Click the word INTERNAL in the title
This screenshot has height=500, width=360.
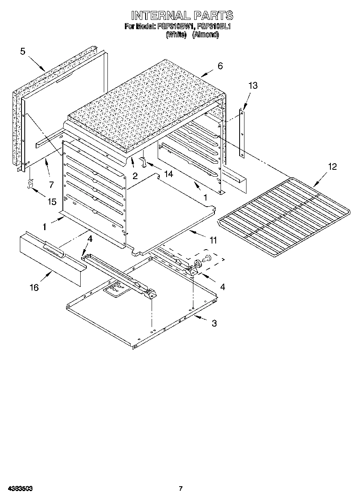160,15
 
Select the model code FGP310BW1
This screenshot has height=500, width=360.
175,27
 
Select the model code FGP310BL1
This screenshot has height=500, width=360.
214,27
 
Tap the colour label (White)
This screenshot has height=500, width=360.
176,35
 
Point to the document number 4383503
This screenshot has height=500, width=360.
19,489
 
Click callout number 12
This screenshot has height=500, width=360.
332,167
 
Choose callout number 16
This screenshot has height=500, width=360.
34,287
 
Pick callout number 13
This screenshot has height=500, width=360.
253,85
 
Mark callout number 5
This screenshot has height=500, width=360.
23,51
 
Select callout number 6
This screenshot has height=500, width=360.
220,66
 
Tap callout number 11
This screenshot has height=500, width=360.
212,240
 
